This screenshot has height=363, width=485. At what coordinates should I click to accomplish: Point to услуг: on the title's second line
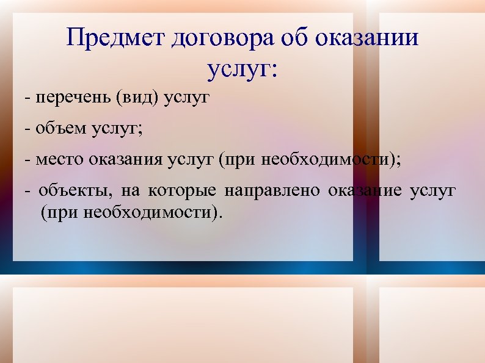coord(242,70)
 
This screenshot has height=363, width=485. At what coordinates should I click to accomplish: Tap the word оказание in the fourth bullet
coord(365,191)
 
